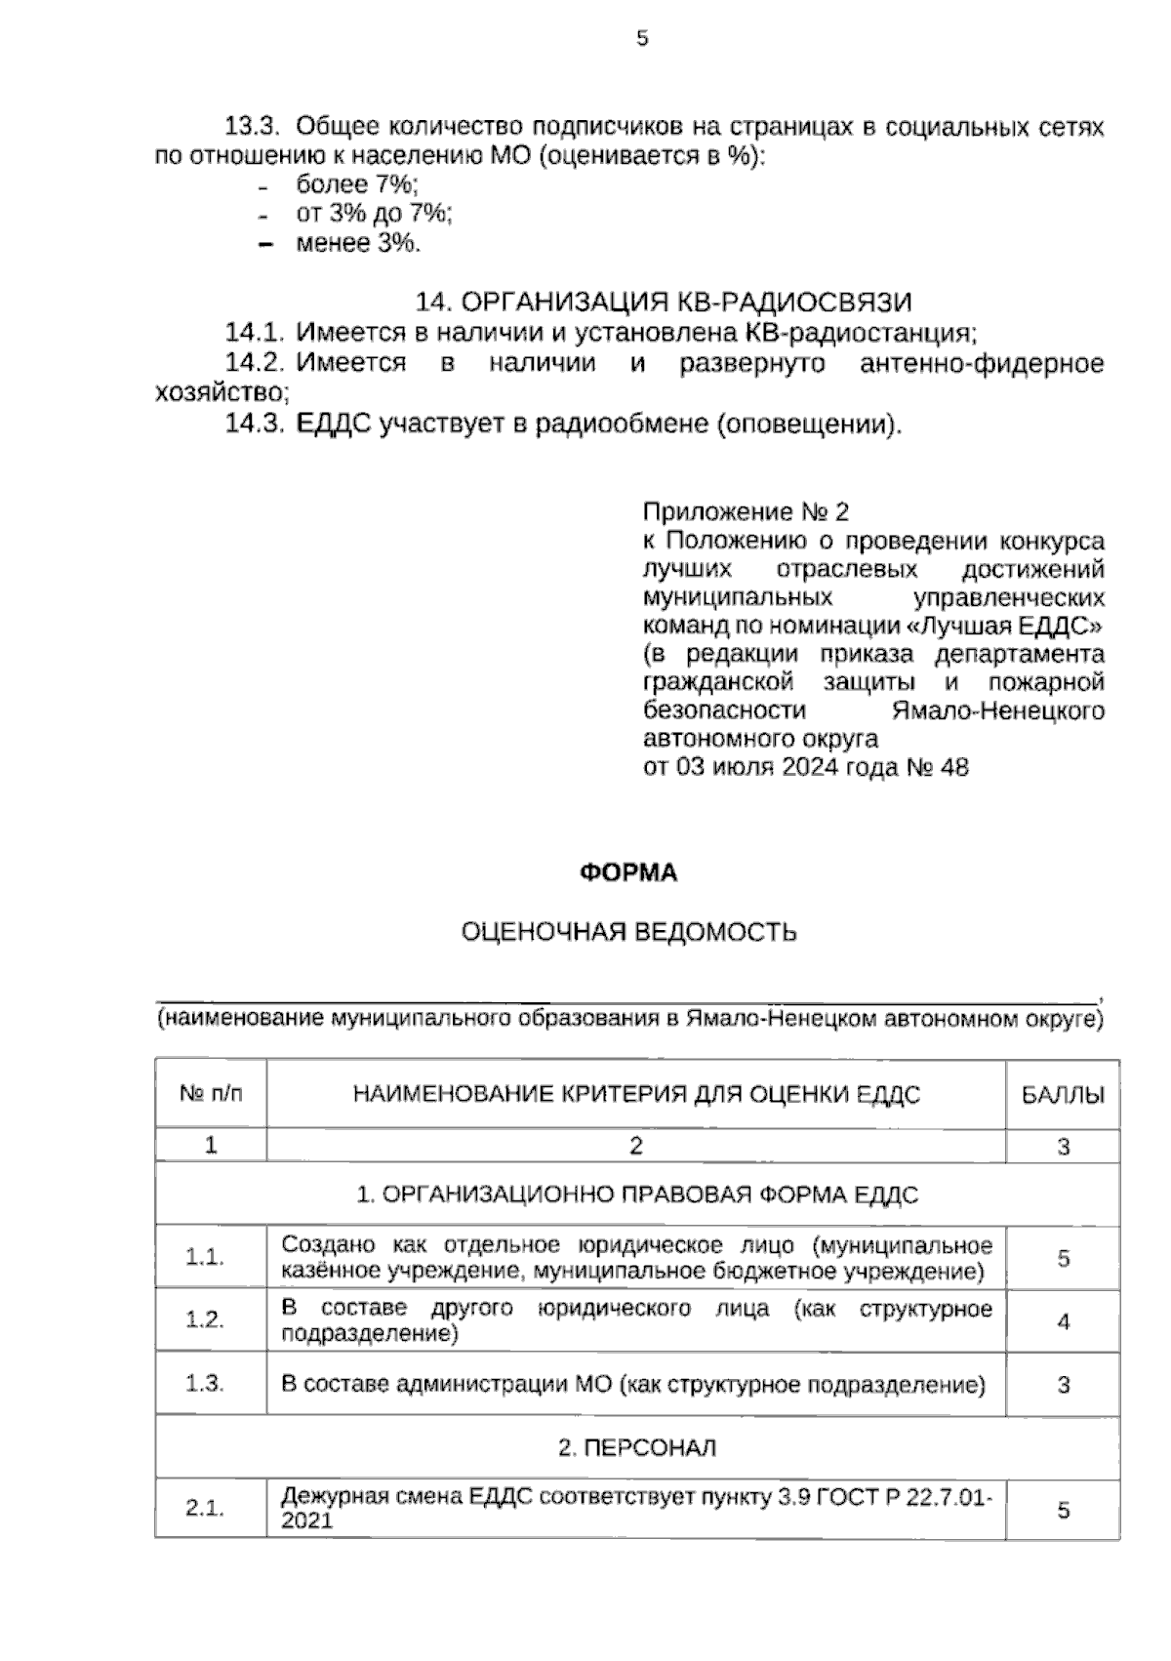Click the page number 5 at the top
coord(641,39)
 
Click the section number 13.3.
coord(254,127)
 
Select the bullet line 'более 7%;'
coord(356,184)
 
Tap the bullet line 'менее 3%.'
coord(358,243)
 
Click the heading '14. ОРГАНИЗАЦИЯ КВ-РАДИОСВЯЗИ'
coord(665,302)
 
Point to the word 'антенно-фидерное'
coord(982,364)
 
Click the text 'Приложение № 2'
coord(747,512)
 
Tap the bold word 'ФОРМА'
coord(628,872)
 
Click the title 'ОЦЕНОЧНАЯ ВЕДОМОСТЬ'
coord(628,933)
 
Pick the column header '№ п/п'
coord(211,1094)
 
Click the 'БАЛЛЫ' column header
coord(1063,1095)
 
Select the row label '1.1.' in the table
coord(206,1257)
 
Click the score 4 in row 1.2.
coord(1063,1321)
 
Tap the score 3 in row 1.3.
coord(1063,1385)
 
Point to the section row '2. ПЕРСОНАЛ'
coord(636,1447)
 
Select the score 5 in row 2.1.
coord(1063,1510)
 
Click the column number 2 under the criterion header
coord(636,1146)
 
